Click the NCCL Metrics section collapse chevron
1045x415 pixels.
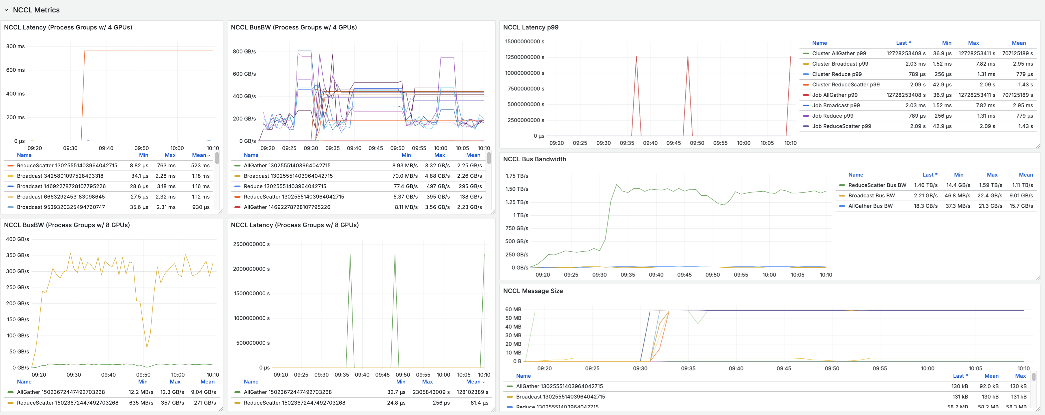[6, 10]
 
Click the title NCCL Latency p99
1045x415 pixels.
[530, 27]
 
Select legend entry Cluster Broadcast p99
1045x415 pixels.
[840, 64]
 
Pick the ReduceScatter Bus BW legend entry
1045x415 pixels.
[877, 185]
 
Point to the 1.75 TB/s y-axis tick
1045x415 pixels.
[516, 176]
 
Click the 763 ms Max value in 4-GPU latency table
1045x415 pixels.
[166, 166]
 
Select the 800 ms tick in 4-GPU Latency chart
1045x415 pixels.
[15, 46]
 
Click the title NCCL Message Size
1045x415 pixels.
[533, 291]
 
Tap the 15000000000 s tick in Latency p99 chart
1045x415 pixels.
[524, 41]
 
